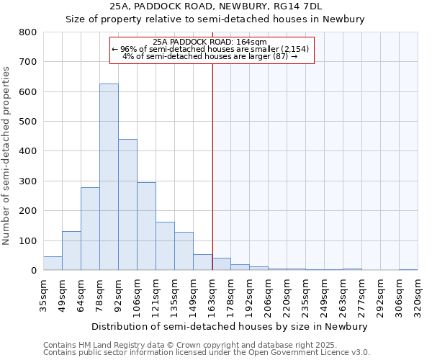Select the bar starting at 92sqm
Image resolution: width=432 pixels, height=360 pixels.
point(127,204)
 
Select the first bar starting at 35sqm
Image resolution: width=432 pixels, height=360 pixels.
point(53,264)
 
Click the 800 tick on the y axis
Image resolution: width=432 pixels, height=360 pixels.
point(28,32)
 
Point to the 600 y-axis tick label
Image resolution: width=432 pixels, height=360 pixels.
point(28,92)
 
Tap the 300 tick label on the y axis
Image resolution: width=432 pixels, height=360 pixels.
point(28,181)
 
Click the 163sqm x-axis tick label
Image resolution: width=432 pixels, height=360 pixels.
point(212,294)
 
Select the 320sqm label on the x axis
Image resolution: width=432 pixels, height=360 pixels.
point(418,294)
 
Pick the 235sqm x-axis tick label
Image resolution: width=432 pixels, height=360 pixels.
point(305,294)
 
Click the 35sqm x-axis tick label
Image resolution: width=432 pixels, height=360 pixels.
point(43,294)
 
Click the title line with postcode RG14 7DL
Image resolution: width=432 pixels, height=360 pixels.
point(215,6)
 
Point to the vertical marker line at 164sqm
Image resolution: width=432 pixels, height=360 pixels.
point(212,166)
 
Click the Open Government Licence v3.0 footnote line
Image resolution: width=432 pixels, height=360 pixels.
point(207,352)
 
